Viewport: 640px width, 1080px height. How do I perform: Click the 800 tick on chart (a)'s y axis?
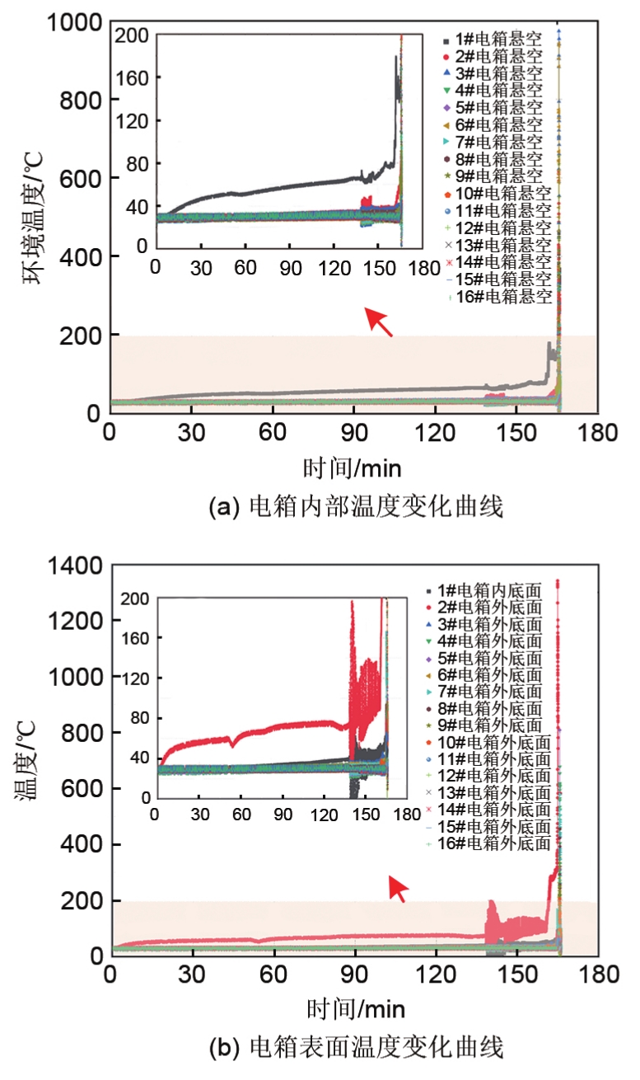(x=79, y=101)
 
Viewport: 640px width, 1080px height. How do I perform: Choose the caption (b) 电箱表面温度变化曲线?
(x=355, y=1048)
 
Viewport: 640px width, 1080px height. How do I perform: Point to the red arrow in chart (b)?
(x=398, y=889)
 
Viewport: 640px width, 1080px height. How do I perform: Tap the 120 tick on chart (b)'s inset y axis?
(x=138, y=678)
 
